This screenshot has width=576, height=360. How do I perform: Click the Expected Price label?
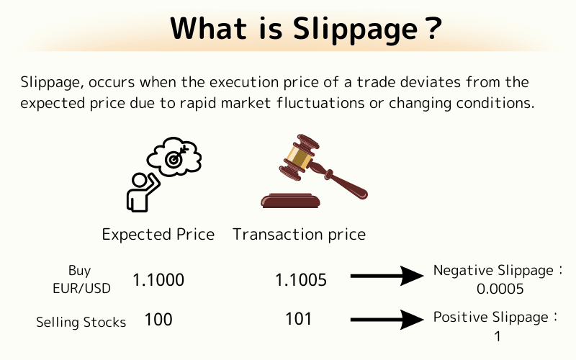point(158,235)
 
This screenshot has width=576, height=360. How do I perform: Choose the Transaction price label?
point(299,235)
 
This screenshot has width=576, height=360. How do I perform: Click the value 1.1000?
point(158,280)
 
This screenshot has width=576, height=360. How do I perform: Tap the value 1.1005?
point(301,280)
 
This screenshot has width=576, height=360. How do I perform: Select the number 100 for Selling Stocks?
point(158,319)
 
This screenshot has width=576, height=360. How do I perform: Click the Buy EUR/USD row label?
point(80,279)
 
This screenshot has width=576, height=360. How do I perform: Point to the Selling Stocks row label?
point(81,322)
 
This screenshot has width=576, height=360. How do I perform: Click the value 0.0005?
point(500,289)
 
